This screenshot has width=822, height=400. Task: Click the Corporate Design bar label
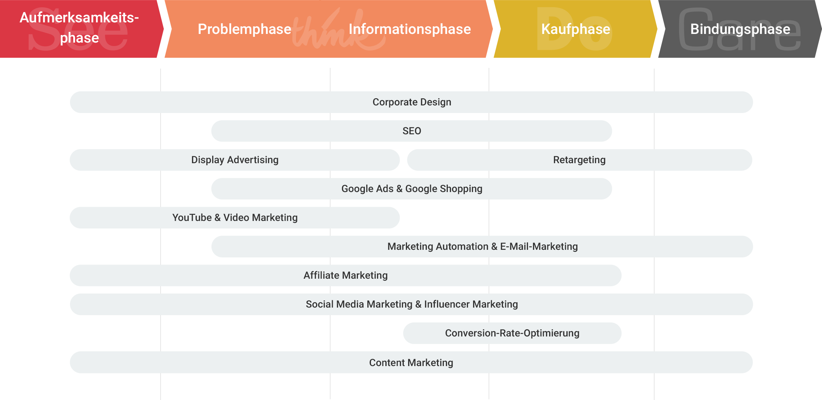point(412,102)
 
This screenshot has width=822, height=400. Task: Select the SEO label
point(412,131)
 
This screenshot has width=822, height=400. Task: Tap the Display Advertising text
point(235,160)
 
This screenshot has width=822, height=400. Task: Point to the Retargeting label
point(579,160)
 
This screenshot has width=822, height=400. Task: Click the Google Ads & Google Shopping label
point(412,189)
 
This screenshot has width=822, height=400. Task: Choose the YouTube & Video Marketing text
point(235,218)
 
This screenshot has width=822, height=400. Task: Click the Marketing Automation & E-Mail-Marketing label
point(482,247)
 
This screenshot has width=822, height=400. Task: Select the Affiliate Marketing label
point(345,275)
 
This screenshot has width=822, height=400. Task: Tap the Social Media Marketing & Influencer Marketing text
point(412,304)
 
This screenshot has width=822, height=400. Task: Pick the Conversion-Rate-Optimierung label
point(512,333)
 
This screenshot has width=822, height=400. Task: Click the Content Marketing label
point(411,362)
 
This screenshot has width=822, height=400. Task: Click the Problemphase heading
point(244,29)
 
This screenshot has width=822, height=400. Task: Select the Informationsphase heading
point(410,29)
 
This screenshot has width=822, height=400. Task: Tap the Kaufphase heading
point(576,29)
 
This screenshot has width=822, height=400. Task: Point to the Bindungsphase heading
point(740,29)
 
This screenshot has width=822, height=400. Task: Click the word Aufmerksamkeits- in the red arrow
point(79,17)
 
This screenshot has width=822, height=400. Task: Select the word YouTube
point(192,218)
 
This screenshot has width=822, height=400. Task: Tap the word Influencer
point(446,304)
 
